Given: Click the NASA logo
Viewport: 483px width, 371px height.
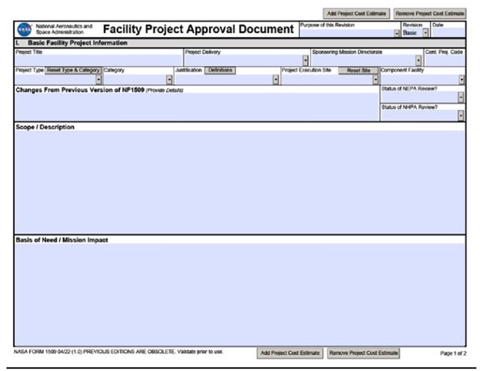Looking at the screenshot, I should (x=24, y=29).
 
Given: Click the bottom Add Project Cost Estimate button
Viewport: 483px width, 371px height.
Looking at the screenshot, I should (x=290, y=353).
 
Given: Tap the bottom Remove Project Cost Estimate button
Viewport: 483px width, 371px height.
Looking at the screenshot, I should (x=363, y=353).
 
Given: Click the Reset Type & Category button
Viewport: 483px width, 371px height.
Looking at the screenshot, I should (x=73, y=70).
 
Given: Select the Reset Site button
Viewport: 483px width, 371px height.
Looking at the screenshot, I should (x=358, y=70).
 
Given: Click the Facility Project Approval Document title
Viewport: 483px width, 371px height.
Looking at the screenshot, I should (x=197, y=29).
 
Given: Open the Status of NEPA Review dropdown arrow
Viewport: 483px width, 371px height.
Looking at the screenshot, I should (x=460, y=97).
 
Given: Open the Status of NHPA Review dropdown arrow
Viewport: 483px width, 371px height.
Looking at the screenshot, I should (x=460, y=116).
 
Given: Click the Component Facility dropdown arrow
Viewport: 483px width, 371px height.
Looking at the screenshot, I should (x=461, y=80).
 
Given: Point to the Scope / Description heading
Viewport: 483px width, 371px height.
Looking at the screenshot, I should (x=45, y=127).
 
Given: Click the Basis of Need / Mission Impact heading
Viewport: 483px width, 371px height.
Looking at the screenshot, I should (x=62, y=240).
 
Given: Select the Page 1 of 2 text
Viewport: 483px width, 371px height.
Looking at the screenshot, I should (x=453, y=354).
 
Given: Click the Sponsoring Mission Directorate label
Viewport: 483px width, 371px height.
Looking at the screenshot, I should (x=347, y=52).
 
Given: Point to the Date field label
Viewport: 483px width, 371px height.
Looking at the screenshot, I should (x=438, y=25).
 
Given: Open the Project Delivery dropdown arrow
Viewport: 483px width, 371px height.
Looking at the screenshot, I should (x=305, y=61).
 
